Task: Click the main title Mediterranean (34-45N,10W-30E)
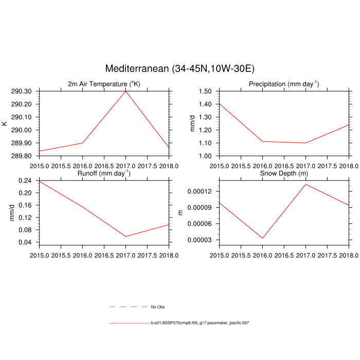coord(180,68)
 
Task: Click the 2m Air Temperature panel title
coord(104,84)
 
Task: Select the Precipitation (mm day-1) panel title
coord(284,84)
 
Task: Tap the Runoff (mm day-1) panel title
coord(104,173)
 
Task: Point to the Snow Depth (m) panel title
coord(284,173)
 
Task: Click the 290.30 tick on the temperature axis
coord(21,92)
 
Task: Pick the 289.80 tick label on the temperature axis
coord(21,156)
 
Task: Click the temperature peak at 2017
coord(125,92)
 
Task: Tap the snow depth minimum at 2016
coord(263,238)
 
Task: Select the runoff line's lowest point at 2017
coord(125,237)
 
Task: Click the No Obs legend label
coord(157,307)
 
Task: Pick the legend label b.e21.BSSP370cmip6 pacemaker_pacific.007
coord(200,323)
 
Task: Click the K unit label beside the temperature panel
coord(5,123)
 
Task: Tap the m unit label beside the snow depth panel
coord(180,212)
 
